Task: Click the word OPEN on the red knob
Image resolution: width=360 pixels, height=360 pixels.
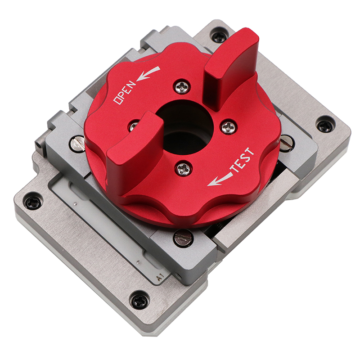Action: (125, 92)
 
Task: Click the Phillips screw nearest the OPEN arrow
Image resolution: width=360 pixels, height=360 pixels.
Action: (182, 87)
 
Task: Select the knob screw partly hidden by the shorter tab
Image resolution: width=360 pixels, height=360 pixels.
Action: (133, 126)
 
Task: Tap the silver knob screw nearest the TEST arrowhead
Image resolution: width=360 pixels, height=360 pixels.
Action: (183, 168)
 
